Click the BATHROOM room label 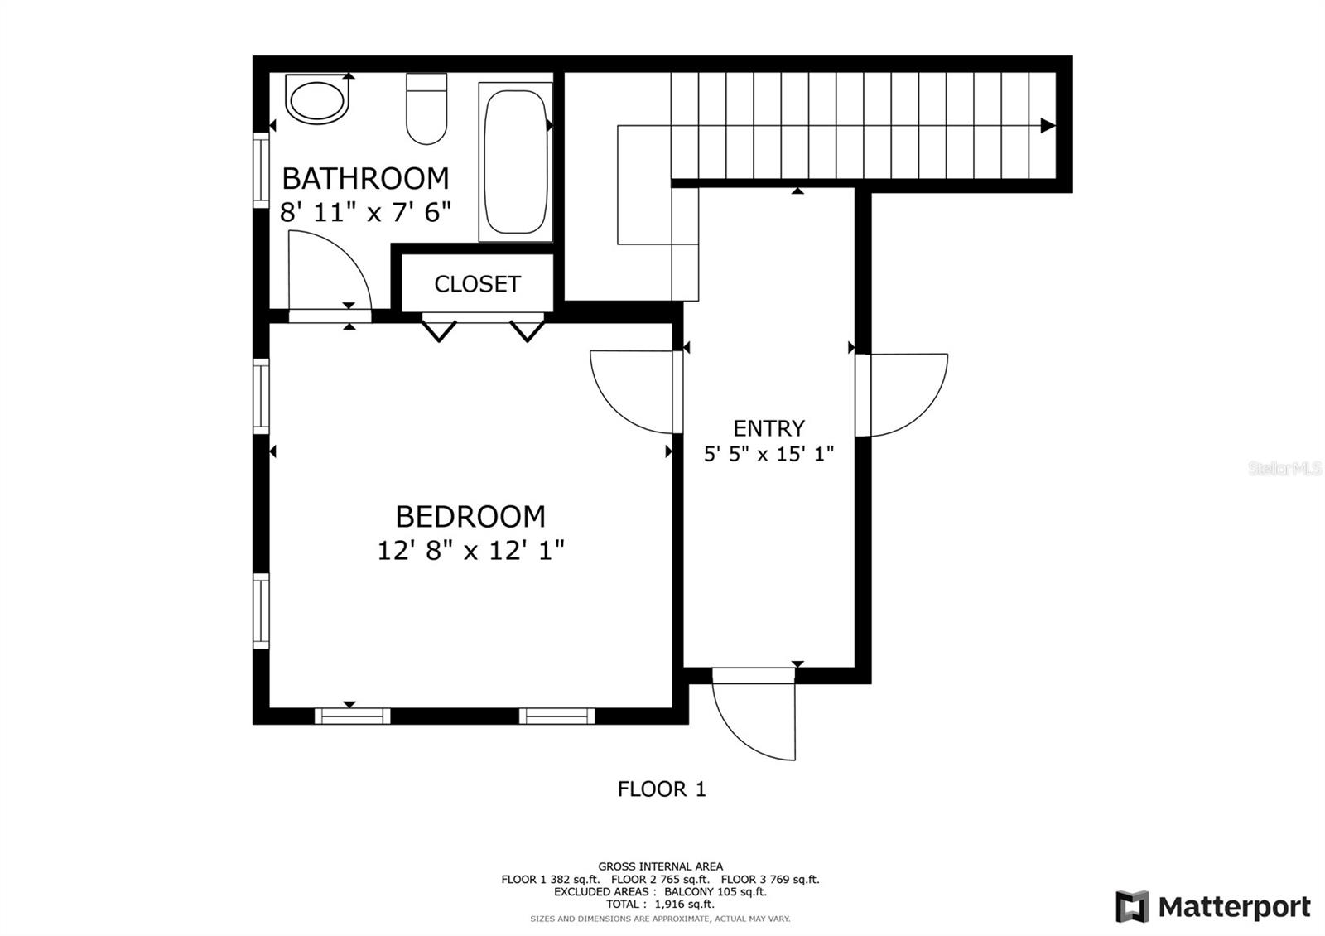(x=365, y=179)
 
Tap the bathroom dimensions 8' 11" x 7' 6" (x=365, y=212)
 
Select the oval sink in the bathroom (x=317, y=99)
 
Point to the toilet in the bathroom (x=426, y=109)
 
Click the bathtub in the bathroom (x=515, y=162)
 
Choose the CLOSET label (x=477, y=284)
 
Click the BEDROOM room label (x=470, y=517)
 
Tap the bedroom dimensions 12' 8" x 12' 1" (x=471, y=550)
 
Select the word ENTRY (x=769, y=427)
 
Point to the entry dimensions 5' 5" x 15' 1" (x=769, y=454)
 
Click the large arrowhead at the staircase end (x=1048, y=125)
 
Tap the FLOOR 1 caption (x=662, y=789)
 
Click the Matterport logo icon (x=1132, y=906)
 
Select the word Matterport (x=1235, y=907)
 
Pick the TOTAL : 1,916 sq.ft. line (x=660, y=904)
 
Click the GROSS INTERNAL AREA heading (x=660, y=866)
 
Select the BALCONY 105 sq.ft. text (x=715, y=891)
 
